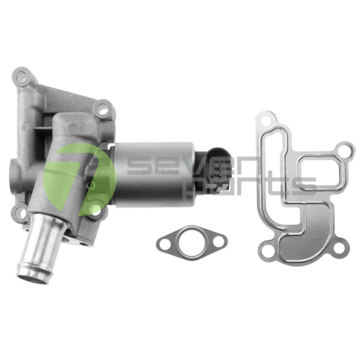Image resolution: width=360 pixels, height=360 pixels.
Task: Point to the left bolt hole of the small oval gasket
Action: tap(165, 243)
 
